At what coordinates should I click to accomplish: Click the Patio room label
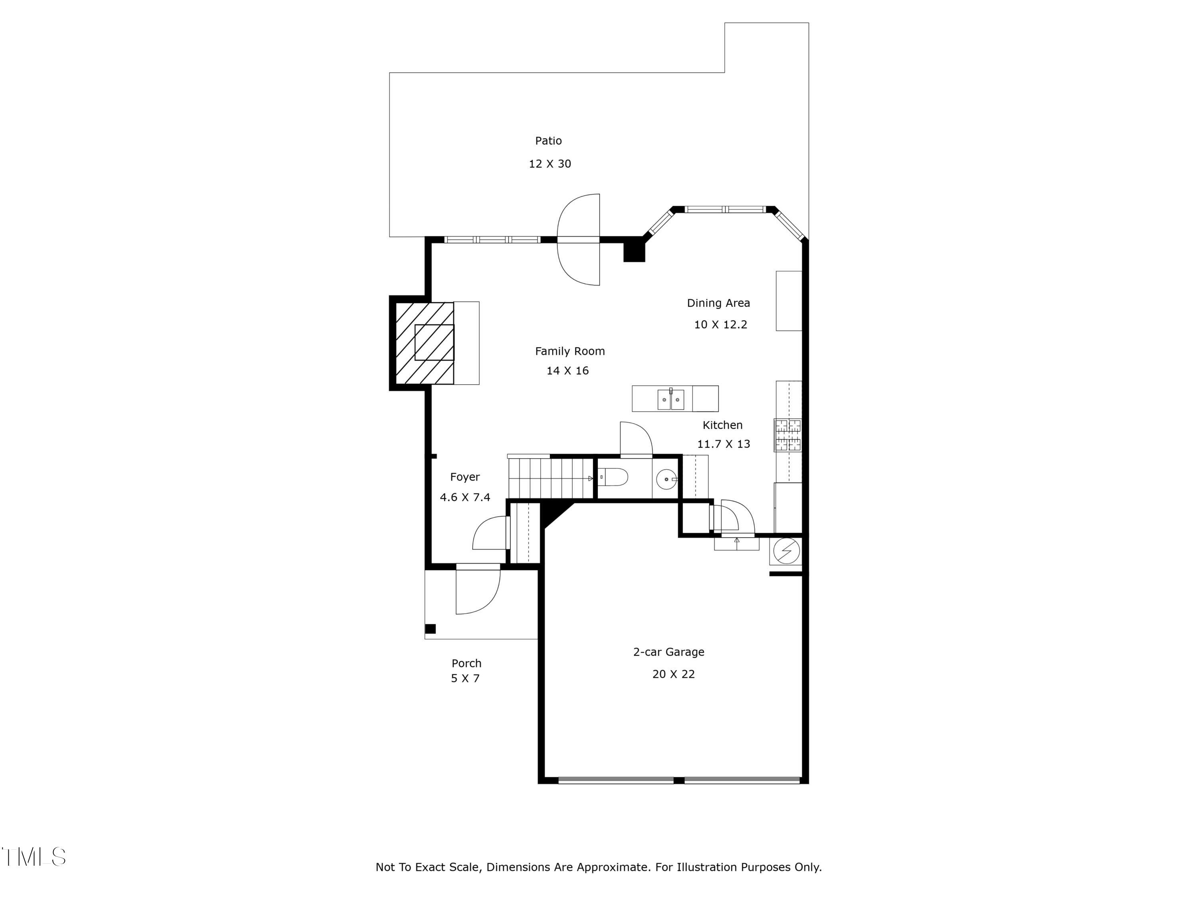point(548,141)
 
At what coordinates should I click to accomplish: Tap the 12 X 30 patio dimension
point(550,164)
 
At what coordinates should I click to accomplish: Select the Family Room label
point(570,351)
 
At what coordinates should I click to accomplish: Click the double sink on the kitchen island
point(670,400)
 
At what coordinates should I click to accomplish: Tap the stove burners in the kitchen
point(787,435)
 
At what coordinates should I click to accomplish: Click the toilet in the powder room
point(614,477)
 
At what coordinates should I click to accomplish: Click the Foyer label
point(465,477)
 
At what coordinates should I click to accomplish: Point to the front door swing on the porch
point(476,590)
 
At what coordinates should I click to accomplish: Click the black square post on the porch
point(430,629)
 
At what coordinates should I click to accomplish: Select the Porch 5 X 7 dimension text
point(465,678)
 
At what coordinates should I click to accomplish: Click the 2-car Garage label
point(668,652)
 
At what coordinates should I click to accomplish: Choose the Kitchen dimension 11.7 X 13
point(724,444)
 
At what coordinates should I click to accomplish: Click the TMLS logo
point(34,856)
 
